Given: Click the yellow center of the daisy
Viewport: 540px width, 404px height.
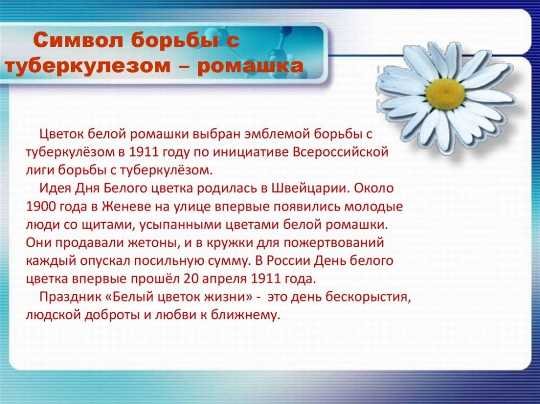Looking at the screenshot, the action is coord(446,94).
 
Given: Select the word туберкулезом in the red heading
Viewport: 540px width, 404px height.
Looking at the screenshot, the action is coord(88,66).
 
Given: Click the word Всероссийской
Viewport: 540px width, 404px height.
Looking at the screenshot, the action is coord(341,152).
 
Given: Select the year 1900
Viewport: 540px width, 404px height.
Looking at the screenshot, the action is coord(40,207).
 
